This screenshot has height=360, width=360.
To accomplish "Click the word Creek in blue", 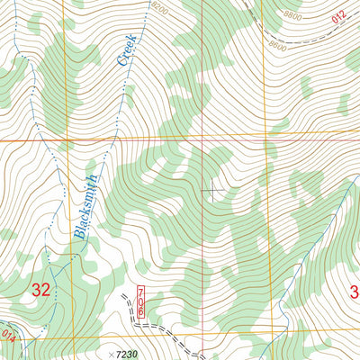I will point(126,50).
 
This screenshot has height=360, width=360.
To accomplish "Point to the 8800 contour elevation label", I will point(291,16).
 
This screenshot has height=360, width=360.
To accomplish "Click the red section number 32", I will point(40,290).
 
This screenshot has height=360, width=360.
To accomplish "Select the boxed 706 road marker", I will point(140,301).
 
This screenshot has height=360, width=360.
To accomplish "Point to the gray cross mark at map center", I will point(211,189).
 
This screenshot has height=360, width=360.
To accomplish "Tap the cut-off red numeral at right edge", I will point(355,291).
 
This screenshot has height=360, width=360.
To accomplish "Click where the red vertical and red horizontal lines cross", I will point(202,139).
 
